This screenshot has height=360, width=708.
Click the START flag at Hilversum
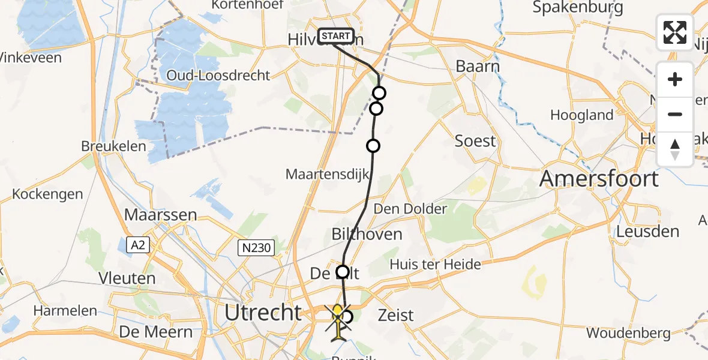pos(336,36)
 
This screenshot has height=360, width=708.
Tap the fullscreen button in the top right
pos(675,32)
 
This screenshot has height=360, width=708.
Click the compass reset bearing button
pos(675,149)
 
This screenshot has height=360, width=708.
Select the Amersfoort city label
pos(599,178)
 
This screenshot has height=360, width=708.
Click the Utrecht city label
pos(263,312)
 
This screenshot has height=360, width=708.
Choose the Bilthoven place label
pos(367,233)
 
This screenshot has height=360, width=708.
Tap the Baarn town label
pos(478,66)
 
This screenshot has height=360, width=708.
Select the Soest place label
pos(476,141)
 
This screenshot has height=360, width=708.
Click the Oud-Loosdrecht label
pos(218,76)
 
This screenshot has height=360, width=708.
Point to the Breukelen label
pos(114,146)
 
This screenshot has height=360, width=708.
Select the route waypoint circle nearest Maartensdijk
pos(373,146)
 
